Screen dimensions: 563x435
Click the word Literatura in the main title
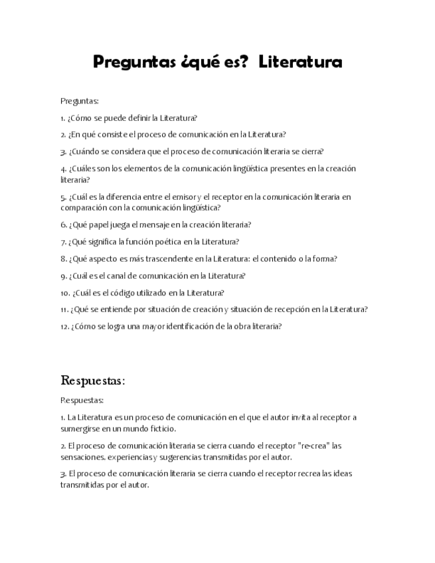(300, 62)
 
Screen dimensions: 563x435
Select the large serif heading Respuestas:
(93, 380)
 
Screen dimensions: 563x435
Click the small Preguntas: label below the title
(79, 101)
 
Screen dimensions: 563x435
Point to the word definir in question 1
(138, 118)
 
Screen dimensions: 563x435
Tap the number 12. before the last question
(64, 326)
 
